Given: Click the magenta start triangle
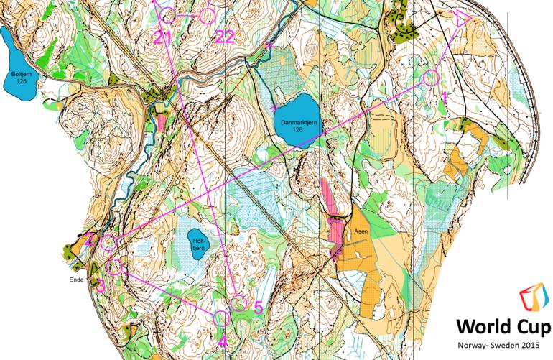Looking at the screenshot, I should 461,19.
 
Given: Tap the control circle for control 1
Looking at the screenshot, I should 430,78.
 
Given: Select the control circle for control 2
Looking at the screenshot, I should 108,243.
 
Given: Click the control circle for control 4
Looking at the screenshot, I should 221,318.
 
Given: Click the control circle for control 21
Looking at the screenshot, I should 167,14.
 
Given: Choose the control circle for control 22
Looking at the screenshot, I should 207,14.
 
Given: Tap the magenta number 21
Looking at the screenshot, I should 163,38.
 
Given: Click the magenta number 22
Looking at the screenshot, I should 224,37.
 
